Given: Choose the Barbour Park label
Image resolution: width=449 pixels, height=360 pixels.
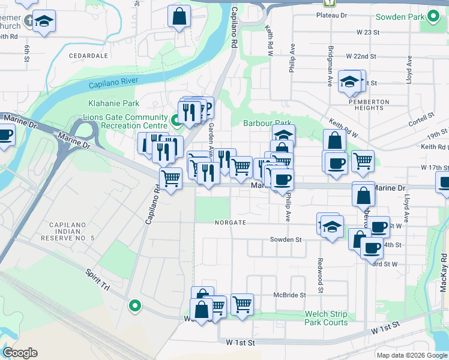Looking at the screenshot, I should click(267, 123).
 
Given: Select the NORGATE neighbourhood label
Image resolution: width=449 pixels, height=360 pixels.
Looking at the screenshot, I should click(231, 223).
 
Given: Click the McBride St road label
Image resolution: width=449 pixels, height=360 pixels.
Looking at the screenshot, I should click(290, 295).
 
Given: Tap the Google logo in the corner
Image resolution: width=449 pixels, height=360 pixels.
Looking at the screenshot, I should click(20, 353).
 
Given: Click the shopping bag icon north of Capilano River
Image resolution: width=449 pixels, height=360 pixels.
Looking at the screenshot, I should click(179, 16).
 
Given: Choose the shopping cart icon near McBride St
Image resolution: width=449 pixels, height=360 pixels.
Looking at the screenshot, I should click(242, 304).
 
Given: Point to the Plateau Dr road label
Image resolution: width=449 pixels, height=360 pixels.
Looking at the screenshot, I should click(336, 16).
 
